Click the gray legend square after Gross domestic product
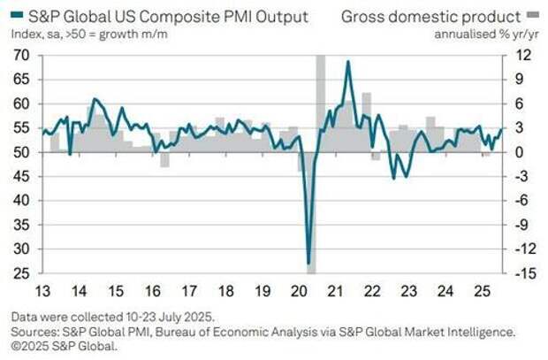coord(533,14)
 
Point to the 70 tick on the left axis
coord(21,55)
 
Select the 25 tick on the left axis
coord(21,273)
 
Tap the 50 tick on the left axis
coord(21,152)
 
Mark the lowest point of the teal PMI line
coord(308,264)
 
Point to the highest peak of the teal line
coord(348,62)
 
